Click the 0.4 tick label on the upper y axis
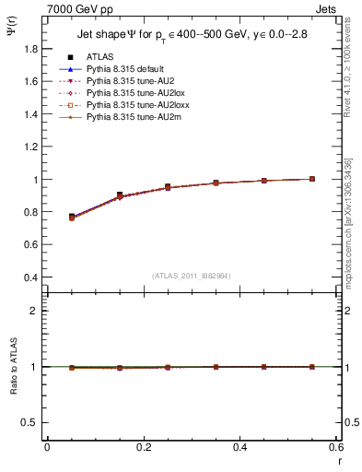click(x=32, y=277)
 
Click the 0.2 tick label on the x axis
click(x=144, y=447)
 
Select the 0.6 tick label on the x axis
click(x=337, y=447)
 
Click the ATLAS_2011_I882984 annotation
click(x=191, y=276)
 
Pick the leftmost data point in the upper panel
click(x=72, y=217)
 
